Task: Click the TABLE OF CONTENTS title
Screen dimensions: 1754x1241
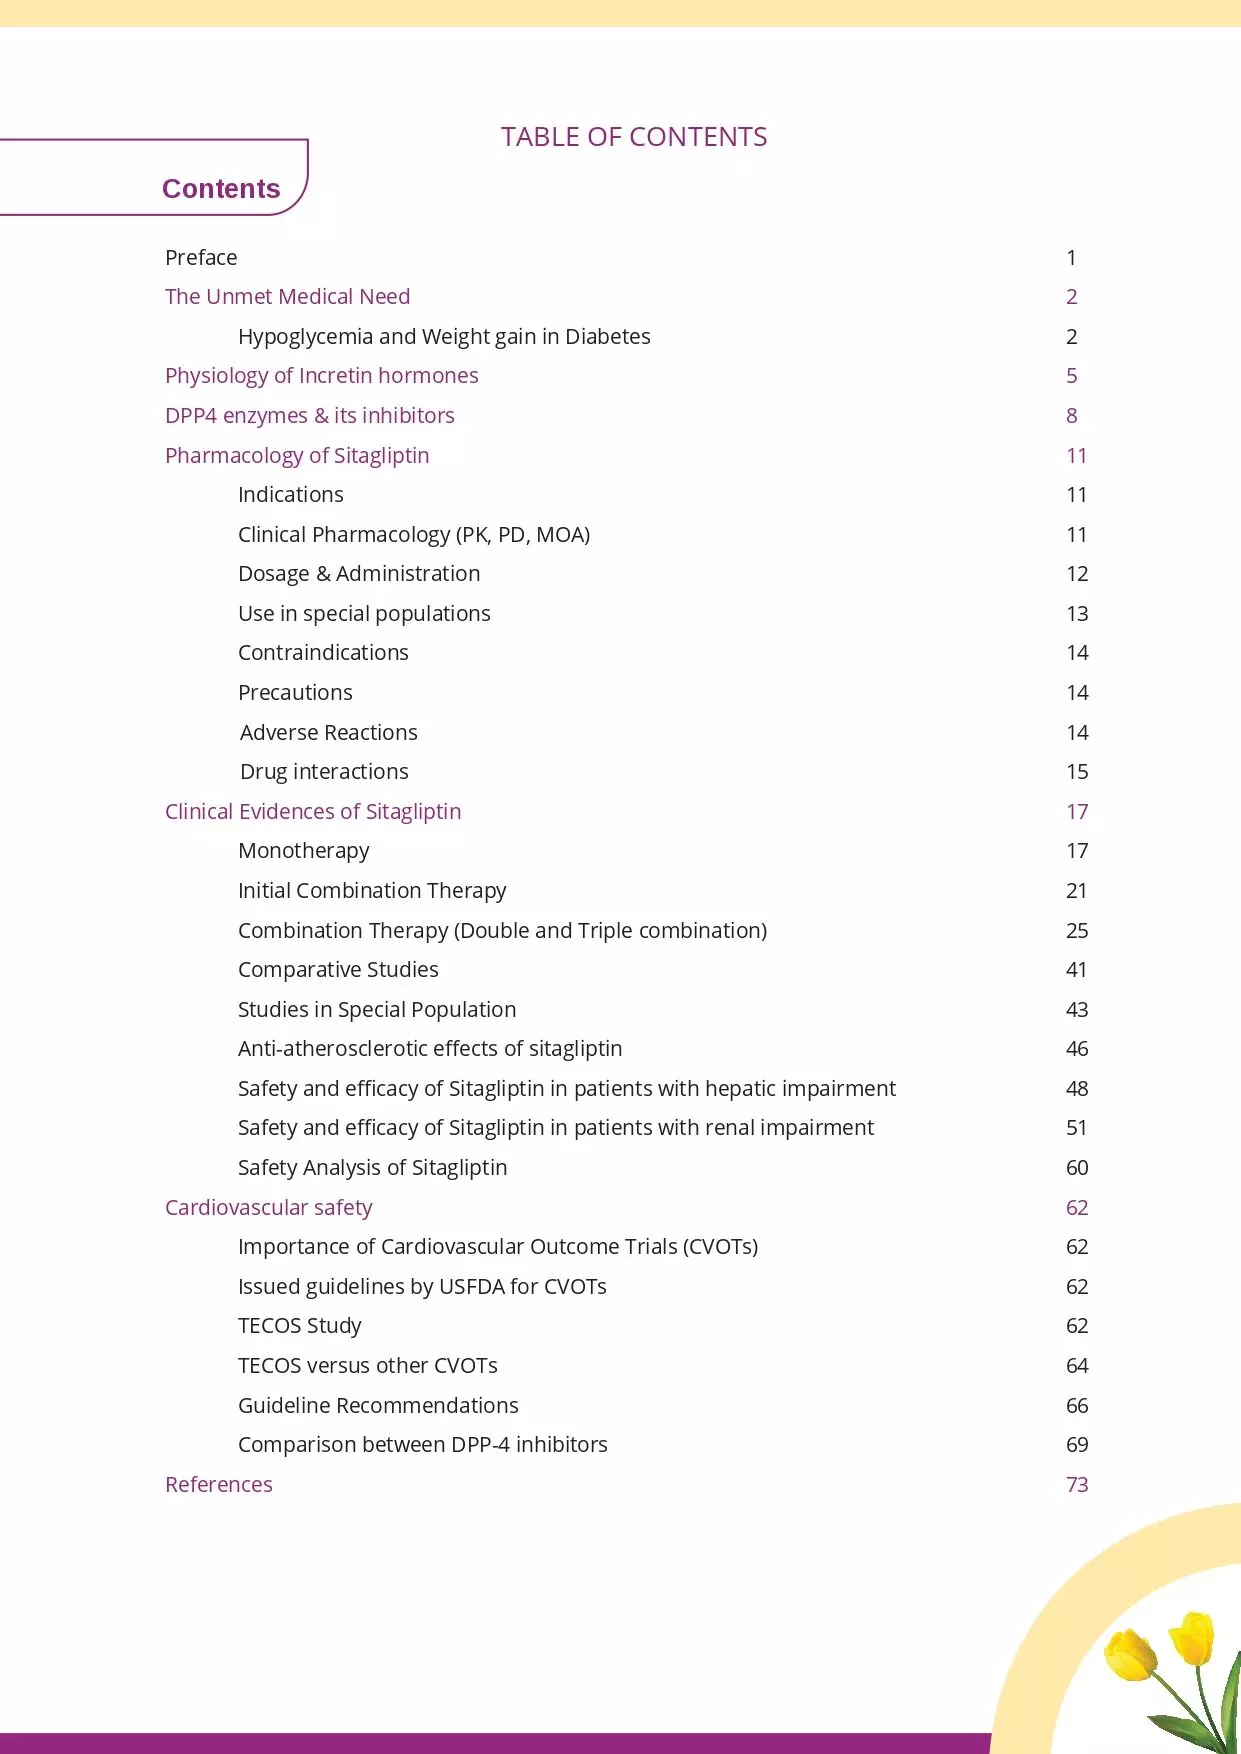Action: tap(633, 137)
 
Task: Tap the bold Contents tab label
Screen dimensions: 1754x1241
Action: tap(221, 189)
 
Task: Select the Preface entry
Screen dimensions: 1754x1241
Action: tap(201, 258)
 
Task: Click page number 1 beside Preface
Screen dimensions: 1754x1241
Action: tap(1071, 258)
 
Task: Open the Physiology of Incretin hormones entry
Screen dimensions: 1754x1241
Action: tap(321, 376)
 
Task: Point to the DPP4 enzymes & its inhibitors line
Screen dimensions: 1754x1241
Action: tap(309, 416)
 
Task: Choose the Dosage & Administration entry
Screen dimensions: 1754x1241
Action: tap(359, 574)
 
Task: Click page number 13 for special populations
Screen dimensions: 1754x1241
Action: tap(1076, 614)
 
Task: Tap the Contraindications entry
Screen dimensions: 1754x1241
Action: tap(323, 653)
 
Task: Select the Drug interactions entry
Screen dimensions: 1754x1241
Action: tap(324, 772)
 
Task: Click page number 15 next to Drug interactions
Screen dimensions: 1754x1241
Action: tap(1076, 772)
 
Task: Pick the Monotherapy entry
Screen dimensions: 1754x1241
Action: tap(303, 851)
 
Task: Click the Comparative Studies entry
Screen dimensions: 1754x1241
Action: tap(338, 970)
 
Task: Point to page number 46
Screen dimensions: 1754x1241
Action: tap(1076, 1049)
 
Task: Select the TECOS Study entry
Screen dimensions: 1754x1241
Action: tap(299, 1326)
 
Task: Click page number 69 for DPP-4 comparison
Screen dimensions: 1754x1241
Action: tap(1076, 1445)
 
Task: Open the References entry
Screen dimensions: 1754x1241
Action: tap(218, 1485)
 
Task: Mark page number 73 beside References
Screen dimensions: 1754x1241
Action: tap(1076, 1485)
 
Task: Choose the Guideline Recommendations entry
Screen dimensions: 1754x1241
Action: tap(378, 1406)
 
